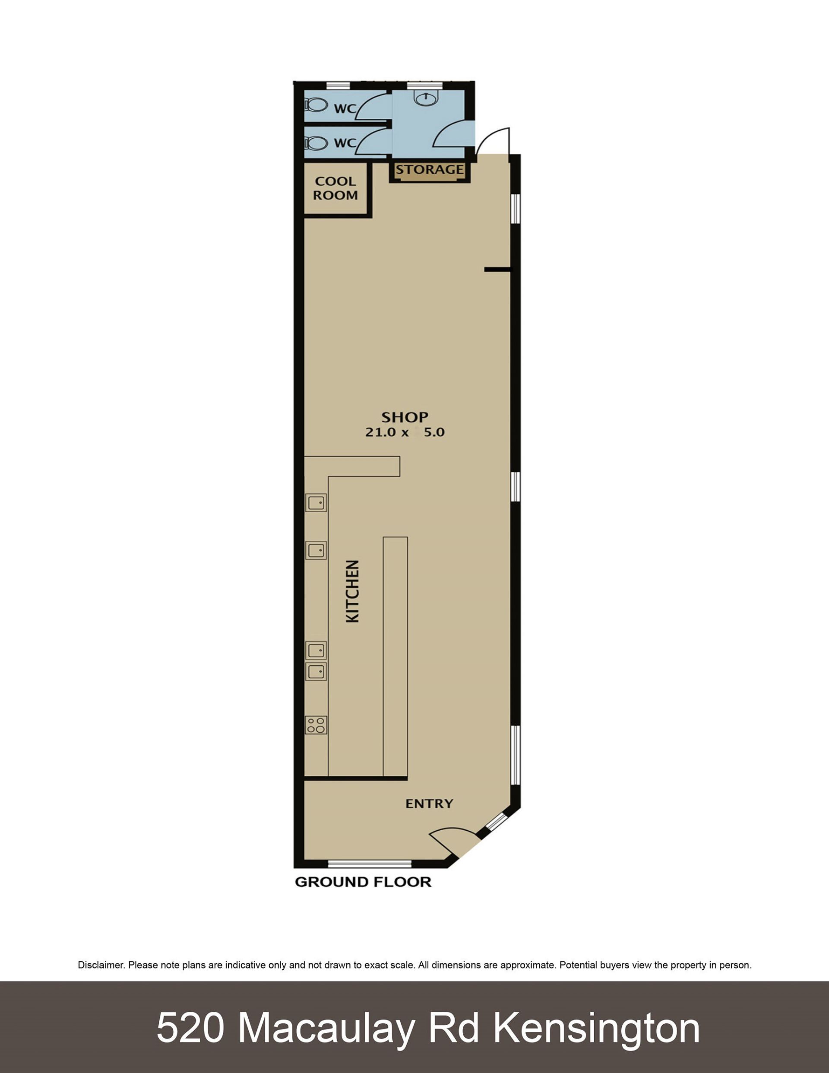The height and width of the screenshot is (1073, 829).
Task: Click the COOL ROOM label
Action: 335,188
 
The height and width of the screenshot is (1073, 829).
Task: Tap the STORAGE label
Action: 430,169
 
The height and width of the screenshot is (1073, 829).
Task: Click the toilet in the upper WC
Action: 316,105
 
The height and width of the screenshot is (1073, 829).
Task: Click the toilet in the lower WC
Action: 316,143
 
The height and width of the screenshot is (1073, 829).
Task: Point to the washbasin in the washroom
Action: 425,98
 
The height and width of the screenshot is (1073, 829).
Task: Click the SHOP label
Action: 405,417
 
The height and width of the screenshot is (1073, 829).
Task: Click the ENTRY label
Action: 429,804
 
